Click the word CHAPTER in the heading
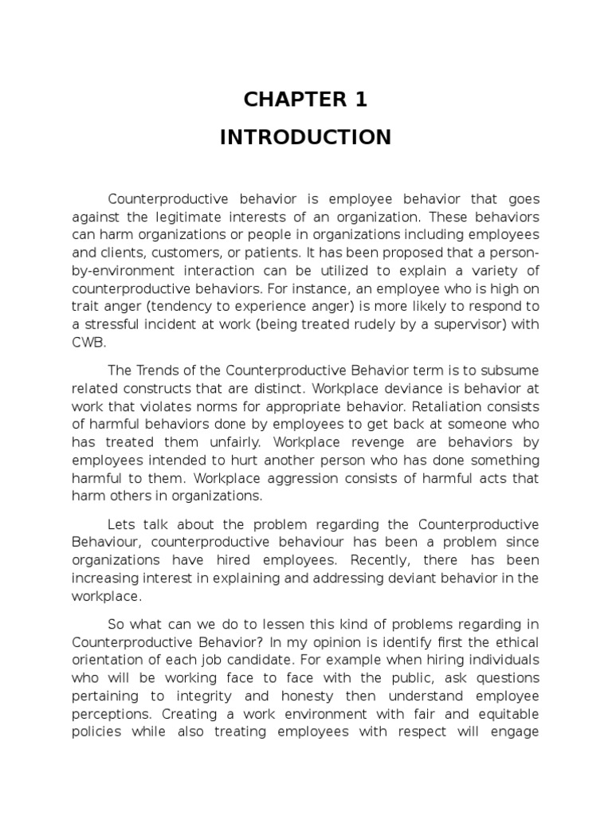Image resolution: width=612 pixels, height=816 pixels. tap(284, 100)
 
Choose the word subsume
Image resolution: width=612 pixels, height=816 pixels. tap(507, 371)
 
